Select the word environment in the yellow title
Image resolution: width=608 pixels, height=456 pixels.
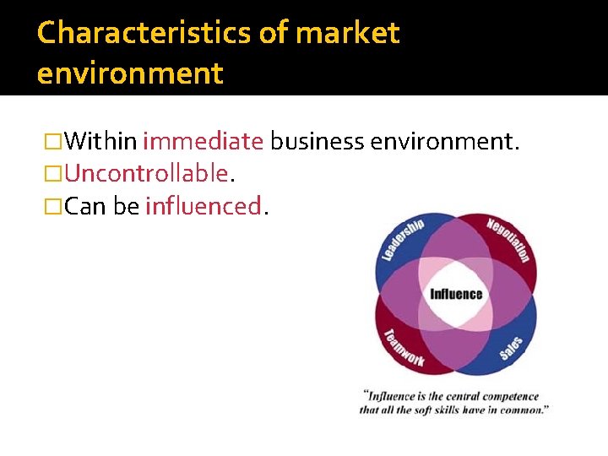(x=130, y=73)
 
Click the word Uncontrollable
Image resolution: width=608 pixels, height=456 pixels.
(x=145, y=173)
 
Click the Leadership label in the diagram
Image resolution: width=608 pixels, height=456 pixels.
(x=401, y=241)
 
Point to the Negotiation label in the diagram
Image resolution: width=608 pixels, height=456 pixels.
(x=509, y=240)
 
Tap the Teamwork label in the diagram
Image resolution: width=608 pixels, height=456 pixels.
(x=404, y=347)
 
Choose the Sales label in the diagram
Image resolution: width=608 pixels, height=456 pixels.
(x=511, y=347)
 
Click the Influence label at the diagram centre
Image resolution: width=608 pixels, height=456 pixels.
(x=456, y=294)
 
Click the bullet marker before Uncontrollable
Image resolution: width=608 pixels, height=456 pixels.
(x=54, y=173)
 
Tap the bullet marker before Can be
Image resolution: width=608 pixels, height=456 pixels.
(x=54, y=205)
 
